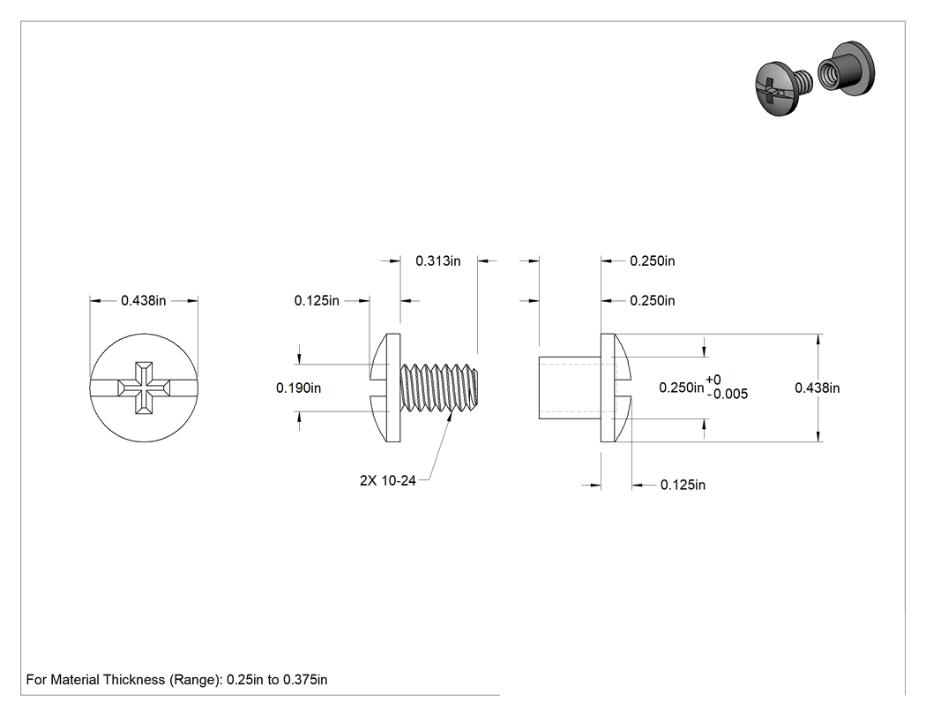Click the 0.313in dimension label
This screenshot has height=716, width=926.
[437, 260]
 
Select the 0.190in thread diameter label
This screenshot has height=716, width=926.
[298, 388]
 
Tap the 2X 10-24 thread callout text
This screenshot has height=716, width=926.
[387, 480]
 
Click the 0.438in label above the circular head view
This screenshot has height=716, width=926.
[144, 300]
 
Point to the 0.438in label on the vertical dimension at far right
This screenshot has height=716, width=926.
[817, 388]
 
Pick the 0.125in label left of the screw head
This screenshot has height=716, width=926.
[317, 300]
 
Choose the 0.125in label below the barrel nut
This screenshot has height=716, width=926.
[683, 485]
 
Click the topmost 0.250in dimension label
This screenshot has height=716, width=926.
[652, 260]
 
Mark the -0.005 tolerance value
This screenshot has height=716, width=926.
[728, 394]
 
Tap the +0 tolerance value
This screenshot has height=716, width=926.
[713, 380]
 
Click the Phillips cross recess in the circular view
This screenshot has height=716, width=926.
[144, 388]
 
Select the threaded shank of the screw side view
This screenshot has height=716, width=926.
[439, 388]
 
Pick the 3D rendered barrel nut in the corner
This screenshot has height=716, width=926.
[846, 70]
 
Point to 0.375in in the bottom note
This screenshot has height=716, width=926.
[305, 679]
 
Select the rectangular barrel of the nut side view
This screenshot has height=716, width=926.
[570, 388]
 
